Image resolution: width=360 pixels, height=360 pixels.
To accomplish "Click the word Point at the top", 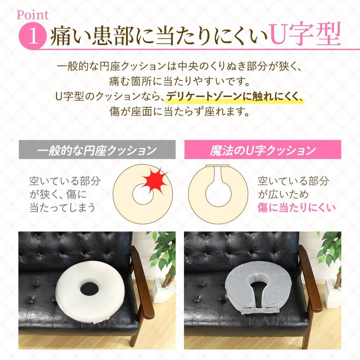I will [x=32, y=13].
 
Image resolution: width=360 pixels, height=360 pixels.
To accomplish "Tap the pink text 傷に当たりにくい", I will [x=297, y=207].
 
